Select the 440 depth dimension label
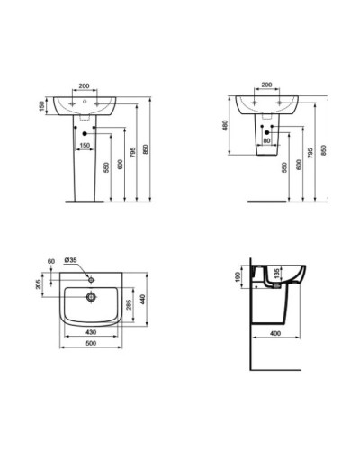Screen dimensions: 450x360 coord(140,298)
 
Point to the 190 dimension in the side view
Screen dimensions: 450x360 coord(238,276)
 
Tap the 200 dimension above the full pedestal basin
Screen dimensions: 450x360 coord(85,86)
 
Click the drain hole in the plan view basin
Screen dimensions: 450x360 coord(90,293)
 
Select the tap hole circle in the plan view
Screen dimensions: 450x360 coord(90,276)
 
